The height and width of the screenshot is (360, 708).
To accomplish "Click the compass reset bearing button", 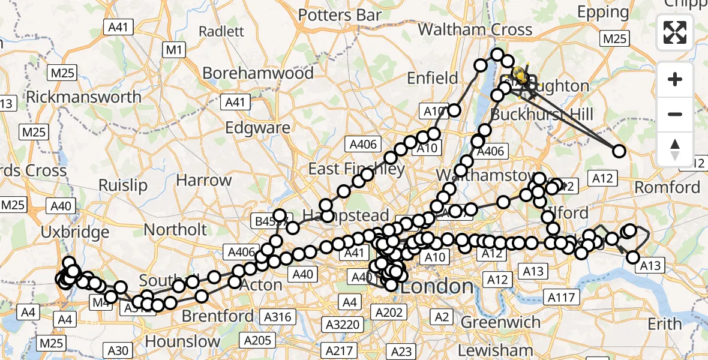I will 675,149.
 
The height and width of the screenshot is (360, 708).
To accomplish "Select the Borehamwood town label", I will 258,73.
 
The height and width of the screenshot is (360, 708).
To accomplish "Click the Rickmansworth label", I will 84,97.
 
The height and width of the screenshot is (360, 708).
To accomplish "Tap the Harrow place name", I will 203,180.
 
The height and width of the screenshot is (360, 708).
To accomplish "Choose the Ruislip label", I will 122,185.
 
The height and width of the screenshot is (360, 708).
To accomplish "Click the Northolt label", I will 175,230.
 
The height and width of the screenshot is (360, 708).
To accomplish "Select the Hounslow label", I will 182,342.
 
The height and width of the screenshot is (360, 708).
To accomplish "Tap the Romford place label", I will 667,187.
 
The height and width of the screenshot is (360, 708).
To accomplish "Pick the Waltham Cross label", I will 475,29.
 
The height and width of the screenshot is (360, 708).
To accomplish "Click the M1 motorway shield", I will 173,50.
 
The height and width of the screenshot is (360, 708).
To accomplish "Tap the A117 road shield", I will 561,296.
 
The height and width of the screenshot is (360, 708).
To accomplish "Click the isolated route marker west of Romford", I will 619,151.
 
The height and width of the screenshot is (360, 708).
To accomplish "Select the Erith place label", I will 665,324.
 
